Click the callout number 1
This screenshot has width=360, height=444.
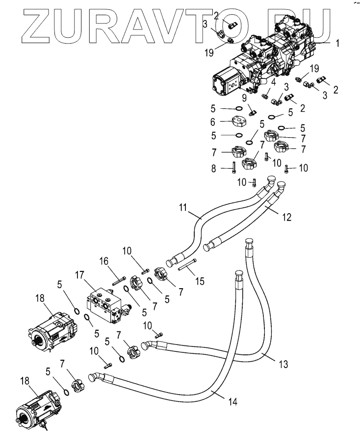[337, 44]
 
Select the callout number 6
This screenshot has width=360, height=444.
[212, 122]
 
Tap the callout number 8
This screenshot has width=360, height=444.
[213, 169]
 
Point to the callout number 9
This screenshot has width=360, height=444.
[244, 98]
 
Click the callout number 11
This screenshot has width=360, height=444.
[183, 208]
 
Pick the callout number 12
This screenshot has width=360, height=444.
[287, 217]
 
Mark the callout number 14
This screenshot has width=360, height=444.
[232, 401]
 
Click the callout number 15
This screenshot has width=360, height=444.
[200, 281]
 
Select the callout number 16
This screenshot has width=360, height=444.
[104, 261]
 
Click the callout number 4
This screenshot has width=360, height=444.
[273, 82]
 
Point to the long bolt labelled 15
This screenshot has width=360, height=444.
[187, 265]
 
